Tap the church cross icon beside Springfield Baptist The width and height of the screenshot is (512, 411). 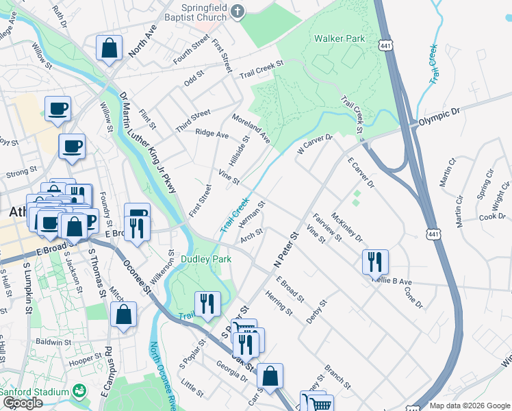238,11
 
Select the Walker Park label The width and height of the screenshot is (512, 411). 340,39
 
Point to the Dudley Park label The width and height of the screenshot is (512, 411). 205,259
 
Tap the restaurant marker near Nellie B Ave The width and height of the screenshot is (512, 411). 375,261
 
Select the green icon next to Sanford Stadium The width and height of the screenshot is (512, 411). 80,391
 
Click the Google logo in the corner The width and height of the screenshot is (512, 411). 23,403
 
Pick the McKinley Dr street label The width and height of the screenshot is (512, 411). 346,229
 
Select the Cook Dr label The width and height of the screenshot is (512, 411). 491,216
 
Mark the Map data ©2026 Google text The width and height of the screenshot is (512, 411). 470,406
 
